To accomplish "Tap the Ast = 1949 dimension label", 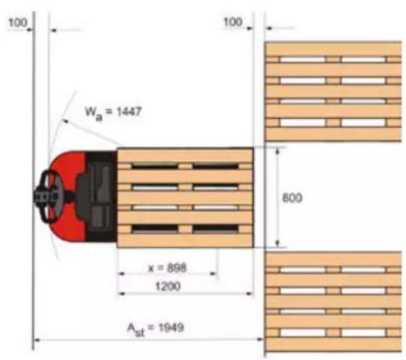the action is [155, 329].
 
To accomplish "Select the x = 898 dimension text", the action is [167, 268].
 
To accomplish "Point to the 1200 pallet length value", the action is [168, 286].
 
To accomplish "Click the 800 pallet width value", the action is [292, 198].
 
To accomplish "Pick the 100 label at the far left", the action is [17, 23].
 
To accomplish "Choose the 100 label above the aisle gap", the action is [233, 22].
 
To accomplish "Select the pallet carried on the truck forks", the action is [185, 197].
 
